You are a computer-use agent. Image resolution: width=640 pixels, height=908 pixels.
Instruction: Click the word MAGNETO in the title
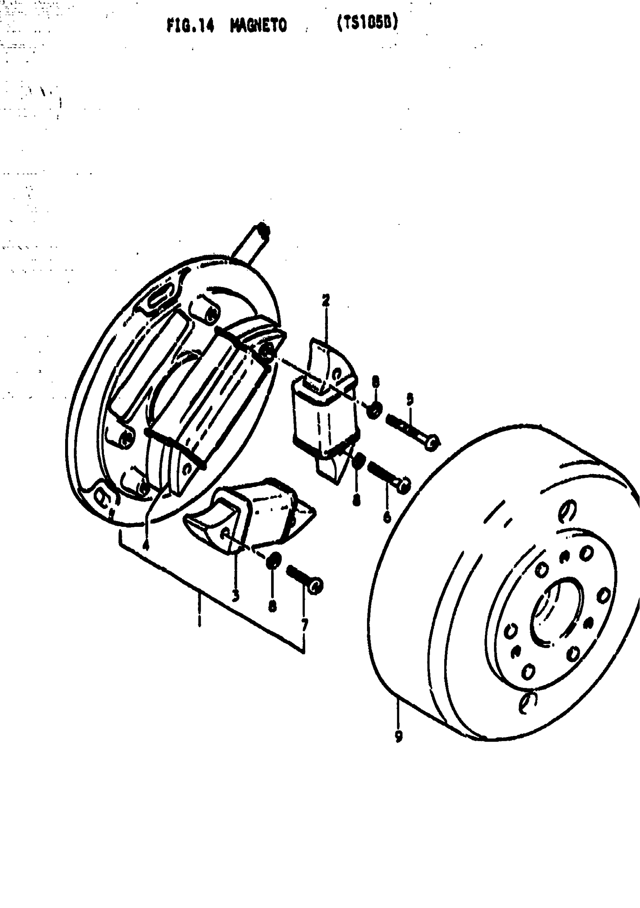point(259,26)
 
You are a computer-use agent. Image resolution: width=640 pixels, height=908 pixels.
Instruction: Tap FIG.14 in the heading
point(190,26)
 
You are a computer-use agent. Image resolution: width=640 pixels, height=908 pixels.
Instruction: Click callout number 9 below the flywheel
point(398,735)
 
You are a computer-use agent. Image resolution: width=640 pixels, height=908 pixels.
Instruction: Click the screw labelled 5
point(411,432)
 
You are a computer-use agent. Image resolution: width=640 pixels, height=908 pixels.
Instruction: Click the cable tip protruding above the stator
point(263,230)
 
